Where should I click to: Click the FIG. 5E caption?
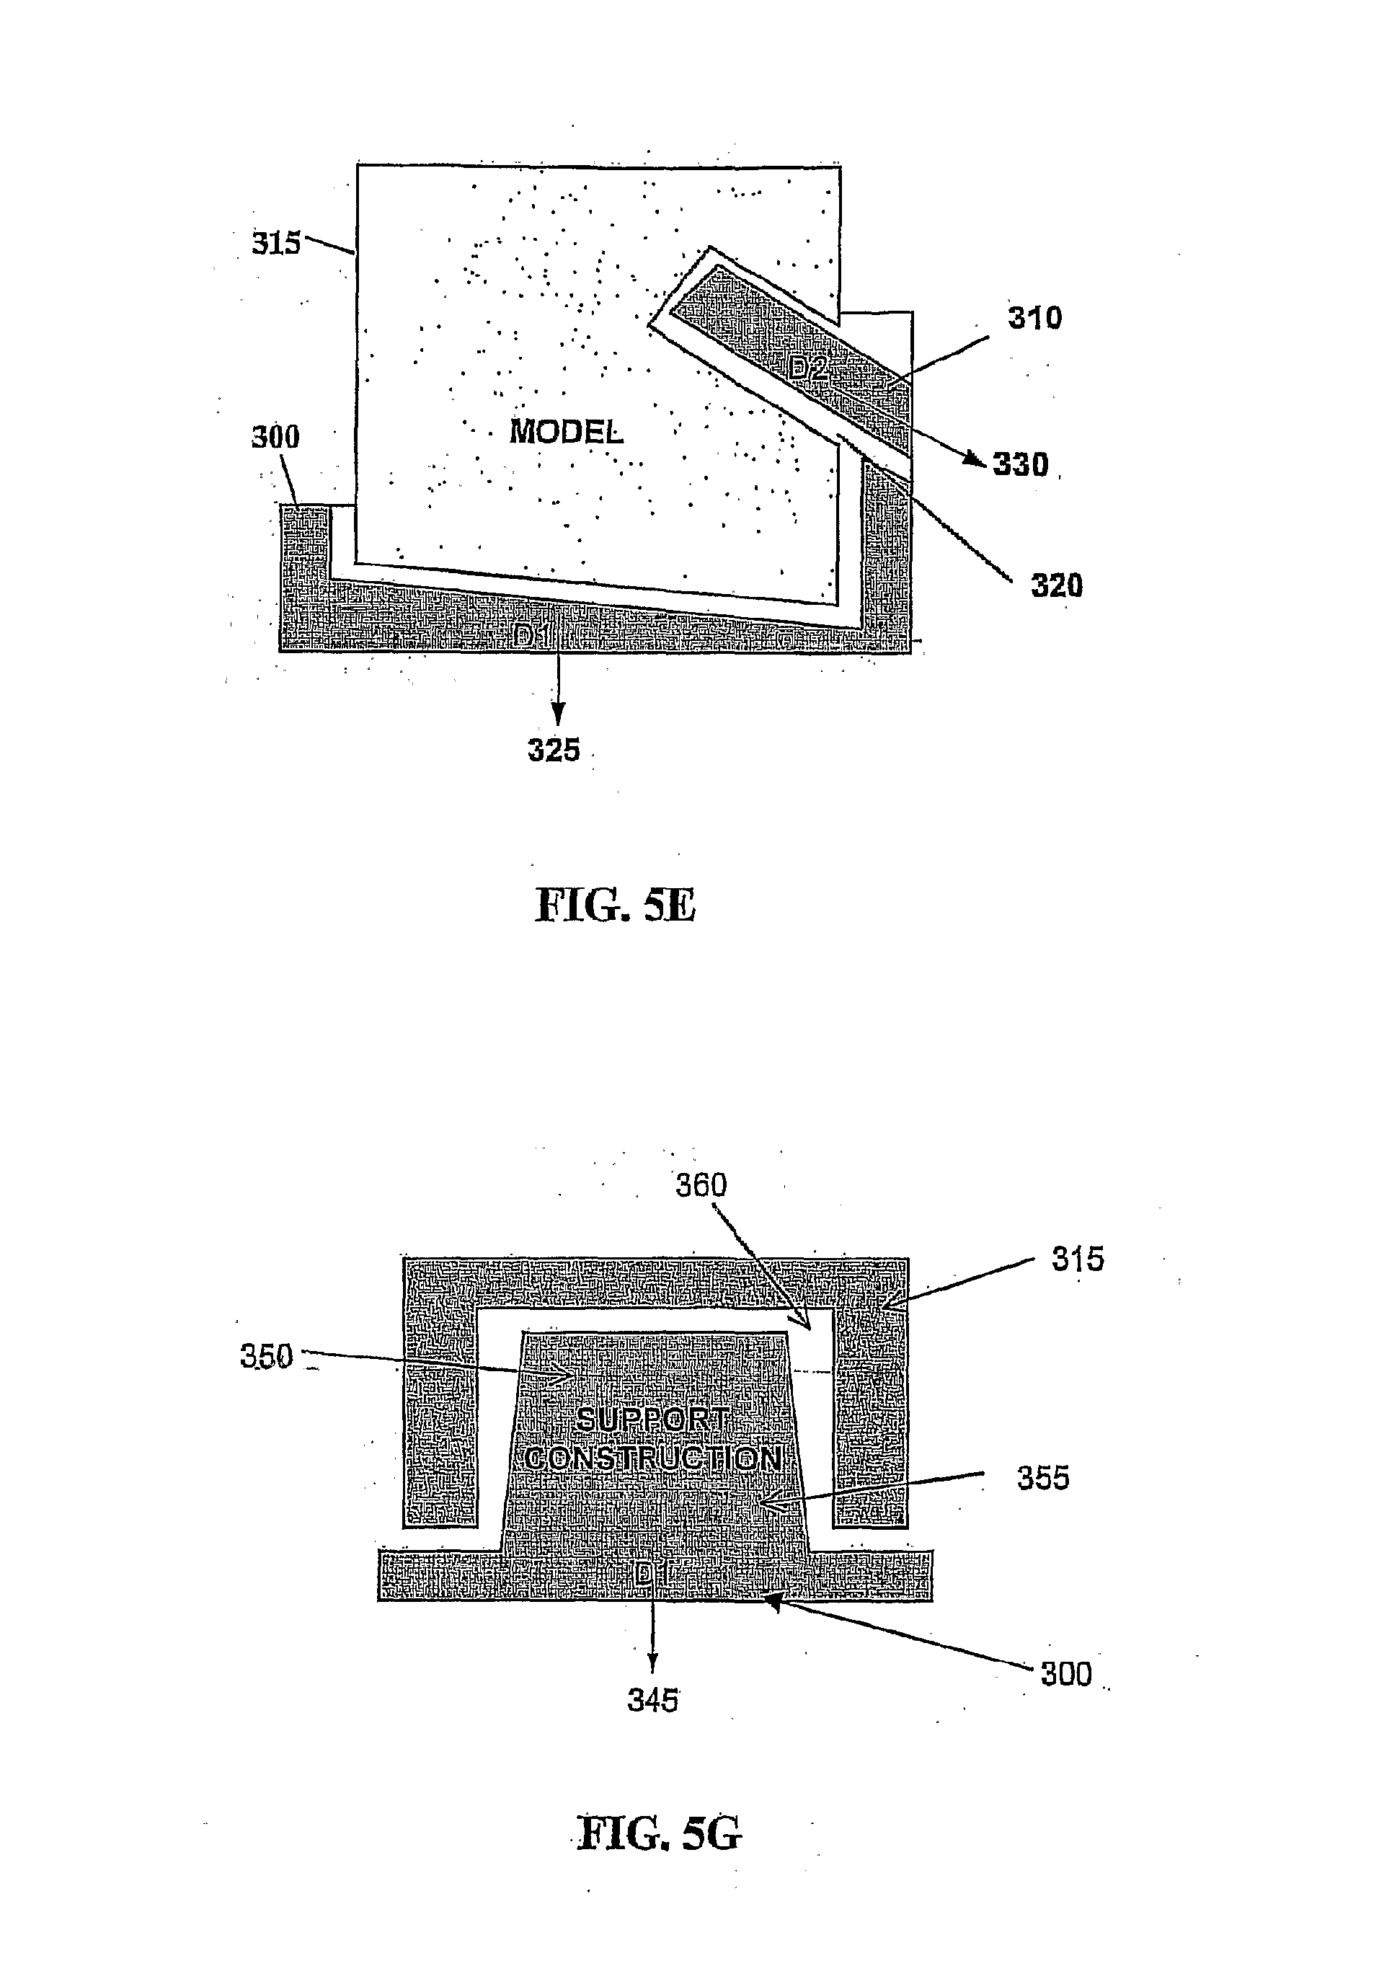(615, 905)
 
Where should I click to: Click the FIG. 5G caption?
(658, 1833)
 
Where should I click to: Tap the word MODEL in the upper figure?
(566, 431)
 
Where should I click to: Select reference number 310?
(1034, 318)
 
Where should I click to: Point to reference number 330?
(1021, 465)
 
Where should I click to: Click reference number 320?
(1056, 586)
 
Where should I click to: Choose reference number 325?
(554, 750)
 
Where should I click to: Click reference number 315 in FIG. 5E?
(275, 244)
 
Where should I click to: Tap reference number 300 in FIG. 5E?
(275, 437)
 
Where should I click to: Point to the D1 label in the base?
(531, 637)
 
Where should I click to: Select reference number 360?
(701, 1184)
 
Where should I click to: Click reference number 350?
(266, 1357)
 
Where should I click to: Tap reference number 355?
(1043, 1479)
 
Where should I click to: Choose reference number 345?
(652, 1701)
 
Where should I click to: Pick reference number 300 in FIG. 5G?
(1066, 1675)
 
